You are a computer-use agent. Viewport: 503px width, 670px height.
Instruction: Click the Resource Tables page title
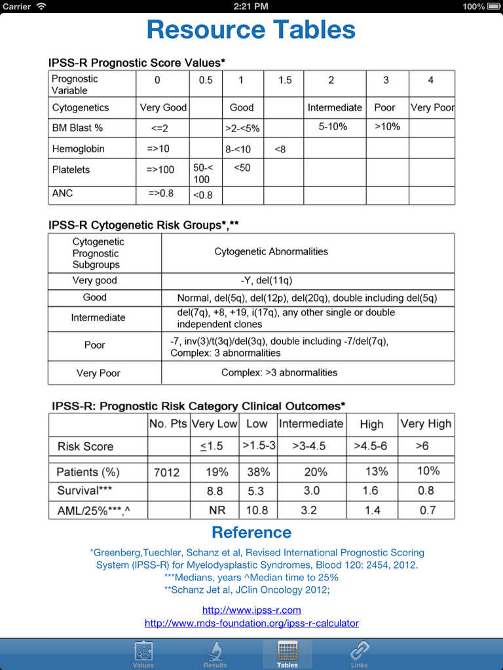[251, 30]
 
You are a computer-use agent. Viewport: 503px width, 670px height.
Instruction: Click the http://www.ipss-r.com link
[251, 610]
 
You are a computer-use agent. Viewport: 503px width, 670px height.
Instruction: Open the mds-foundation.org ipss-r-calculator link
[251, 624]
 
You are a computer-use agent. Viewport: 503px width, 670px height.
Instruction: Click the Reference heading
[251, 532]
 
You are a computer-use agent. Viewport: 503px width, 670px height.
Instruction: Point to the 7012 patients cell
[167, 472]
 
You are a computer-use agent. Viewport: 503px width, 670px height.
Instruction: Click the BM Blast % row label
[77, 128]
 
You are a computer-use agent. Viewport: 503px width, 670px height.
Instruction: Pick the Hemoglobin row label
[78, 149]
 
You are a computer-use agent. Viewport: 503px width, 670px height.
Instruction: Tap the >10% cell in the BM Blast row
[387, 126]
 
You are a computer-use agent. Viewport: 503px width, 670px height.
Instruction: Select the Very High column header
[426, 424]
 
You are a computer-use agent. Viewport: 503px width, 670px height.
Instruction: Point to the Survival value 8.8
[215, 491]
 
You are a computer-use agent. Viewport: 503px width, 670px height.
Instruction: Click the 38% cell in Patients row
[257, 472]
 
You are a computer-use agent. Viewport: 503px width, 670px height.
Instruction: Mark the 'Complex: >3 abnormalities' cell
[279, 372]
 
